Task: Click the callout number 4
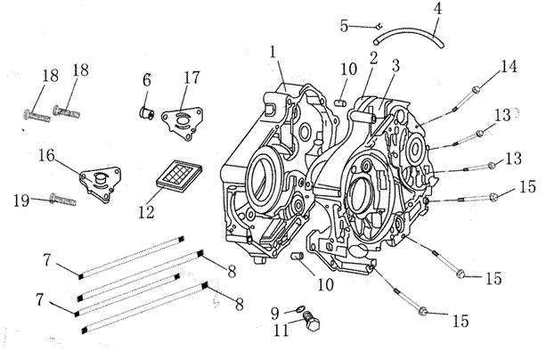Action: (x=437, y=9)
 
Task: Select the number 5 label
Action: (x=344, y=26)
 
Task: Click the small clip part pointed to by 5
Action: (x=379, y=26)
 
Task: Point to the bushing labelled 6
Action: (x=147, y=113)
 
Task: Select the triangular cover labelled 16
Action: (x=101, y=184)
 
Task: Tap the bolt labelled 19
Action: (x=63, y=200)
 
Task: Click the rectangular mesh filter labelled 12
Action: (x=179, y=176)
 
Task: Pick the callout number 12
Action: (x=146, y=211)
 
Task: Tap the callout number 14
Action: (x=509, y=66)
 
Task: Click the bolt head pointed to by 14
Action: (x=476, y=90)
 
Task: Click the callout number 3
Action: (x=395, y=66)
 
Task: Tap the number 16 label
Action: (x=46, y=155)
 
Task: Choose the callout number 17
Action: (x=192, y=78)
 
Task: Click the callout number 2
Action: (x=373, y=58)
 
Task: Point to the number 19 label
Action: (x=21, y=200)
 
